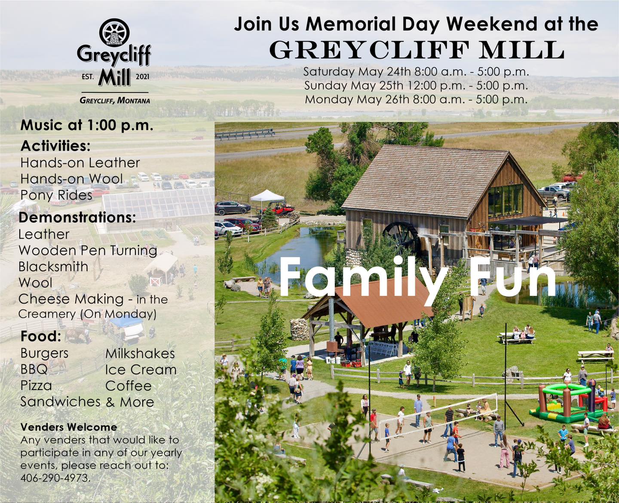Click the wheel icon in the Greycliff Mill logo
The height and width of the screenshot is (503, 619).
tap(114, 33)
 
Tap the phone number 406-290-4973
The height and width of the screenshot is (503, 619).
tap(55, 478)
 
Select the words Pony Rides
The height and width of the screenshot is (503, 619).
tap(56, 195)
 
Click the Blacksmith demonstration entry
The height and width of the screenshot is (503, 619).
tap(53, 267)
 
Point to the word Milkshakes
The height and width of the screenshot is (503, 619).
tap(140, 354)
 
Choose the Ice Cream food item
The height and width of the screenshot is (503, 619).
tap(141, 370)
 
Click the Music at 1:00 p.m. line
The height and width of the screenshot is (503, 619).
tap(86, 126)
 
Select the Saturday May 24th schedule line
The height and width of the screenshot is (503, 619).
tap(416, 72)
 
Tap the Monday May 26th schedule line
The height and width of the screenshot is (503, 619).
tap(416, 100)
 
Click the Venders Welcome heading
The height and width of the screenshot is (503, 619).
tap(69, 427)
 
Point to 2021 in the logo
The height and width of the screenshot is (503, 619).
tap(142, 77)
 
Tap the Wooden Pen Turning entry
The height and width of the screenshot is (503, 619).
tap(88, 251)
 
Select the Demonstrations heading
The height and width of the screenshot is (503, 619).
tap(77, 218)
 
